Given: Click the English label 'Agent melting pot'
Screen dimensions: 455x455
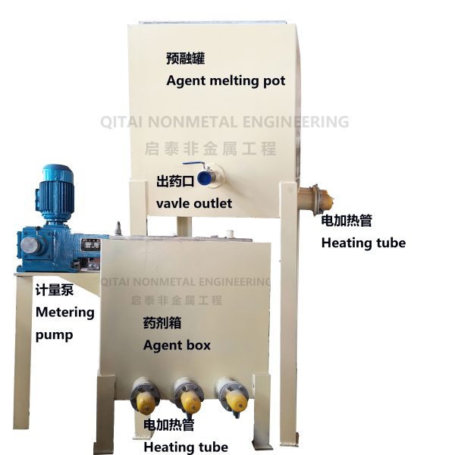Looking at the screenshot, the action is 226,80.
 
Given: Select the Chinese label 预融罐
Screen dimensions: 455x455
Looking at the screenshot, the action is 186,58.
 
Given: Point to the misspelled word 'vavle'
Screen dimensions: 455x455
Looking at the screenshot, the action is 174,203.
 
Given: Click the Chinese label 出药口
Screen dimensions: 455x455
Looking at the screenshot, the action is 175,181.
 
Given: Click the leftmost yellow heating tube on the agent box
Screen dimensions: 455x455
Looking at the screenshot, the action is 145,394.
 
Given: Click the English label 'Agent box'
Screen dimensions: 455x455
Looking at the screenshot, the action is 177,345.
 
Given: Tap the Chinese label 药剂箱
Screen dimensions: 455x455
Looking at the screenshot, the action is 162,323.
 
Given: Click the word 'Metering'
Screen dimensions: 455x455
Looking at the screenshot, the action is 65,312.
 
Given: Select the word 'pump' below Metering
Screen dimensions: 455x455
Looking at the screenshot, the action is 54,335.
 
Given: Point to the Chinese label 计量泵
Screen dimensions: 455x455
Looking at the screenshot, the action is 55,290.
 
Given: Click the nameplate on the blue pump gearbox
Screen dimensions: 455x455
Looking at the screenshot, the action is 90,245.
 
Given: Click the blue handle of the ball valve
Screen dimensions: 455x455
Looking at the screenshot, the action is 193,165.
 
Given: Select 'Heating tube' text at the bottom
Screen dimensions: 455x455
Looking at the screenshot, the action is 186,447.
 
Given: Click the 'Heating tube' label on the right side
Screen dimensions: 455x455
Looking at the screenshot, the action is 363,243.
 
